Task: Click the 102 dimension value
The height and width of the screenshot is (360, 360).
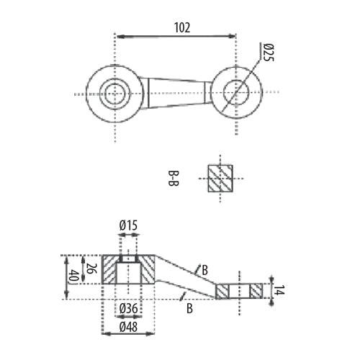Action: (x=182, y=28)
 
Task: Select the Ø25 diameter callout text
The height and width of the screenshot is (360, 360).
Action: (x=269, y=53)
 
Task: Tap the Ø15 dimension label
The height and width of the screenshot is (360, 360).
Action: (x=128, y=225)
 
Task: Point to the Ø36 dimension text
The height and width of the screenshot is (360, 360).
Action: (x=129, y=308)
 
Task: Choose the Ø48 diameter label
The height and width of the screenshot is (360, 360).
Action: (x=129, y=327)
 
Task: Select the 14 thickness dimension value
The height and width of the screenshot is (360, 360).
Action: (x=279, y=290)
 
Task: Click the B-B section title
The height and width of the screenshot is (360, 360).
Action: (x=173, y=179)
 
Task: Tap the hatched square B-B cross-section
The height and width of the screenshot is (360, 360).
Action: (x=220, y=179)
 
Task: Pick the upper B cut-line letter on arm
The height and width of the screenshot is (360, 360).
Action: (x=204, y=270)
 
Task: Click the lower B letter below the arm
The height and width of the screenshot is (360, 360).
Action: (x=189, y=308)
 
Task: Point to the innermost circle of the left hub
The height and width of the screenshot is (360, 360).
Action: (x=115, y=94)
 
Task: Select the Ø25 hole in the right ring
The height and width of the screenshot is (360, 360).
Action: (x=236, y=93)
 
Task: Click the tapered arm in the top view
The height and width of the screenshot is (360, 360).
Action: (x=176, y=93)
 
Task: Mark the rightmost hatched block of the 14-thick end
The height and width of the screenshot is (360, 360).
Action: (x=256, y=291)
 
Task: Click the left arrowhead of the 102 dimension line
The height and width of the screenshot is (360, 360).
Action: (x=120, y=37)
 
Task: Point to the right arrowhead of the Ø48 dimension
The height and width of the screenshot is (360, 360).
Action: (x=150, y=333)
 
